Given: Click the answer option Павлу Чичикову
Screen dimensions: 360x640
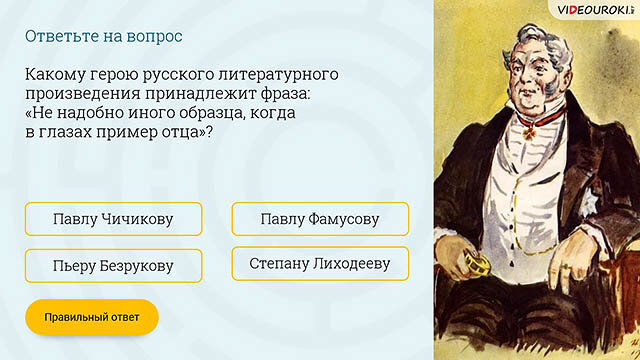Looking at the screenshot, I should coord(113,219).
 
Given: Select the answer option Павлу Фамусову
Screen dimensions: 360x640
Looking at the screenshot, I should coord(320,219).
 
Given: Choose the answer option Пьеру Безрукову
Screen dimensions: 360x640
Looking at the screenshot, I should coord(113,266).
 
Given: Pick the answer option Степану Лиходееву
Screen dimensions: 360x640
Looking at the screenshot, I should coord(320,264).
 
